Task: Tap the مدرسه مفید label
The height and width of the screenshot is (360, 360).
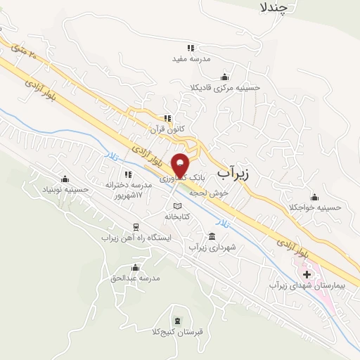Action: tap(191, 60)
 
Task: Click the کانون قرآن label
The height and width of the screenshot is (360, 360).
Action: tap(166, 130)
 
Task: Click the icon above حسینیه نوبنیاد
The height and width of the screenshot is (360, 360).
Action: tap(65, 179)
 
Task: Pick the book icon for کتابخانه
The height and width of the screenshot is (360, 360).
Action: tap(177, 206)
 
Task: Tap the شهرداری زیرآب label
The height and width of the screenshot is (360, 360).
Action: tap(212, 247)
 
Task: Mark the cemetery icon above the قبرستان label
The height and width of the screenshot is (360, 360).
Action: tap(154, 318)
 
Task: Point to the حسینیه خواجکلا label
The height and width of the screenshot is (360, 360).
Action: tap(314, 208)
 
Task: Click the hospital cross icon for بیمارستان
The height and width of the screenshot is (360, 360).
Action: tap(307, 273)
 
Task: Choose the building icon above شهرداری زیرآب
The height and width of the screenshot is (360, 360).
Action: tap(212, 236)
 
